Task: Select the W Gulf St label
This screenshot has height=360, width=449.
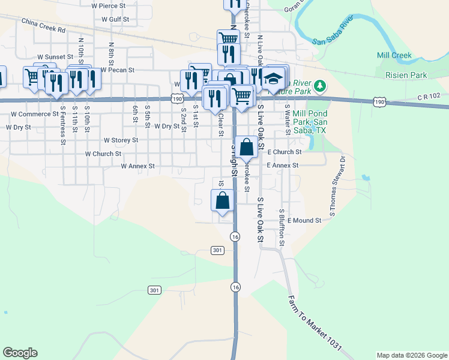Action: click(x=115, y=19)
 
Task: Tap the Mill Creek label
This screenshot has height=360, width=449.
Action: click(x=394, y=55)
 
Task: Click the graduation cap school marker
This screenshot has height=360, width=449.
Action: click(x=274, y=79)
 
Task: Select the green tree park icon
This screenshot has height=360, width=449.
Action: click(x=321, y=86)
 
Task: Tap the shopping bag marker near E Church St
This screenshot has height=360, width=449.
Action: click(x=246, y=146)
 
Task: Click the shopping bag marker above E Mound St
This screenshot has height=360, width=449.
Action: click(x=222, y=199)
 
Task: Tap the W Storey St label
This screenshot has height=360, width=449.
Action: click(x=121, y=140)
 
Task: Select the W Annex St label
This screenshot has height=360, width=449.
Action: click(x=137, y=166)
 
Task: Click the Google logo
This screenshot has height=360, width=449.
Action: click(x=20, y=353)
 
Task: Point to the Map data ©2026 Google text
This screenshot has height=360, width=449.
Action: click(x=411, y=355)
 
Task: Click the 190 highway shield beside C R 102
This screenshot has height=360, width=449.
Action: click(x=379, y=103)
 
